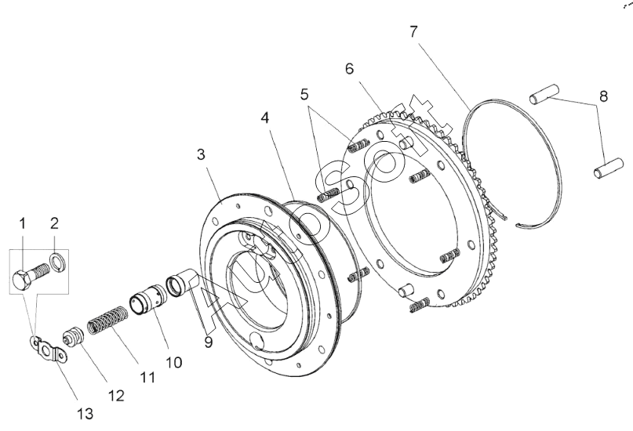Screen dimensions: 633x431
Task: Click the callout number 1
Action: coord(23,223)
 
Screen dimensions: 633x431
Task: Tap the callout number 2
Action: coord(54,223)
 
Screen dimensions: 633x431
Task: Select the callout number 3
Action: coord(201,154)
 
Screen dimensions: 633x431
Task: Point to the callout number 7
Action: coord(413,32)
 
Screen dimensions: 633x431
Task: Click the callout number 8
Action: coord(603,96)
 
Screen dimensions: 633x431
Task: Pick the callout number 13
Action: coord(85,414)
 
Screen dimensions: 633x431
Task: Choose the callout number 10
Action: coord(174,363)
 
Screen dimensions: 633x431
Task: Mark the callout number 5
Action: coord(304,94)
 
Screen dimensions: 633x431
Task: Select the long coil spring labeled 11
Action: coord(107,320)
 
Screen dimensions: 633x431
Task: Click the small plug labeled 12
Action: coord(73,336)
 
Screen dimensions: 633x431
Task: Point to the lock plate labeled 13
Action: coord(48,350)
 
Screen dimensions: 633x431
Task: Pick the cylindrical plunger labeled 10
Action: coord(147,300)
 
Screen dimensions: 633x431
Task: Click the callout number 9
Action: coord(208,342)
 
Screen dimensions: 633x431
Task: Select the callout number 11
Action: coord(147,378)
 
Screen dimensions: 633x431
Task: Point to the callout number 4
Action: coord(265,118)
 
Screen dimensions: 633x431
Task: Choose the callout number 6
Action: coord(350,69)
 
